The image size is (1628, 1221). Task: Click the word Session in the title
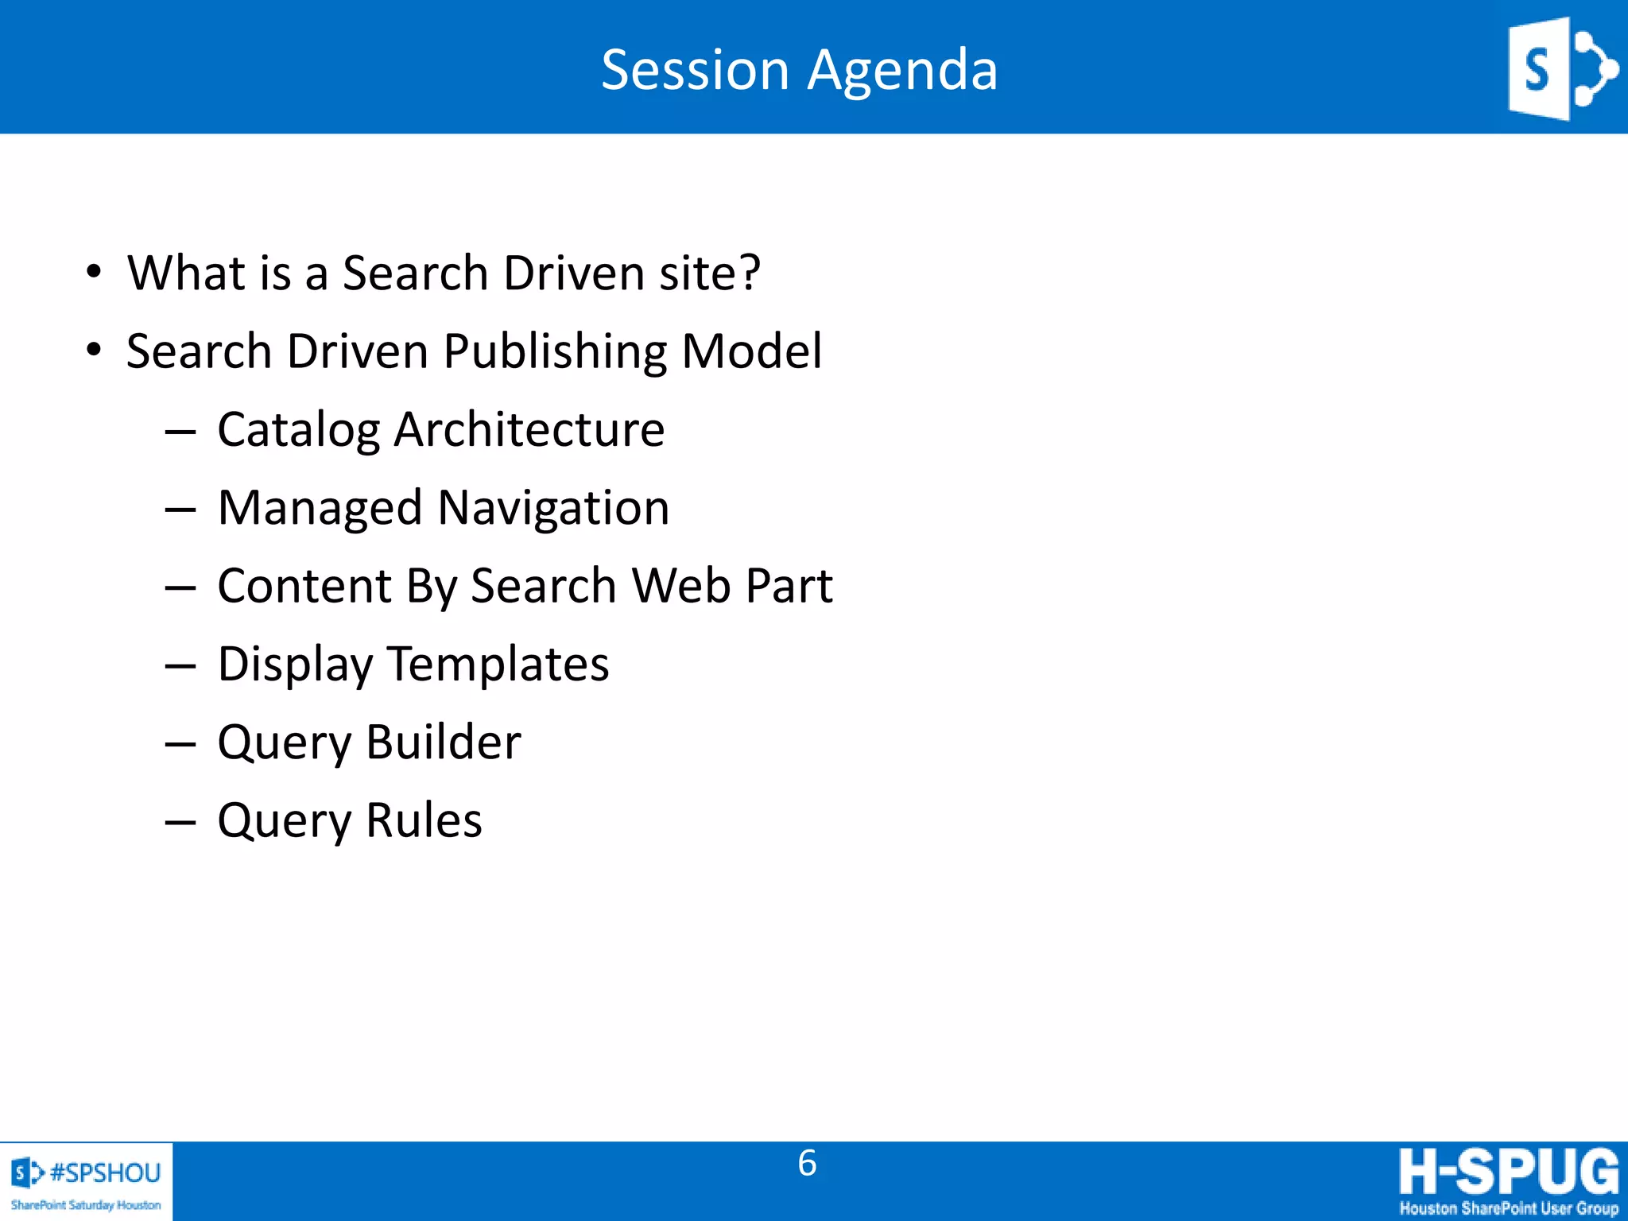coord(695,70)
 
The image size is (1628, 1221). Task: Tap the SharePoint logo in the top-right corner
coord(1561,69)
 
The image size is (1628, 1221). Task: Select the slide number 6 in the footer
coord(807,1163)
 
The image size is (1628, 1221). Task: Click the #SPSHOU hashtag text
coord(105,1173)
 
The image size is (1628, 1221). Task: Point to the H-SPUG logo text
coord(1508,1171)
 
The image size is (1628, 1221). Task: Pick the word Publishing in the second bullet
coord(555,351)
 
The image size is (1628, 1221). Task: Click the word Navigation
coord(553,507)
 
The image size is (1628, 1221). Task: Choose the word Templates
coord(498,664)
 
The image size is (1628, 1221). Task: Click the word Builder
coord(443,742)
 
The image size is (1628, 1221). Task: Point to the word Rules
coord(424,820)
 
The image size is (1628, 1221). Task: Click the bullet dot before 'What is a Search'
coord(94,272)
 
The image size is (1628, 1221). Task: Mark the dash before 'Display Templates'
coord(180,665)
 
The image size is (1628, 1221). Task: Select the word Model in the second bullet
coord(751,351)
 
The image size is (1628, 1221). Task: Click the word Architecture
coord(529,430)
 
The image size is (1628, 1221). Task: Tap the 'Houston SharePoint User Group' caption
coord(1508,1208)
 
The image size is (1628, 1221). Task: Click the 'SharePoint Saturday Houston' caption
coord(86,1205)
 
